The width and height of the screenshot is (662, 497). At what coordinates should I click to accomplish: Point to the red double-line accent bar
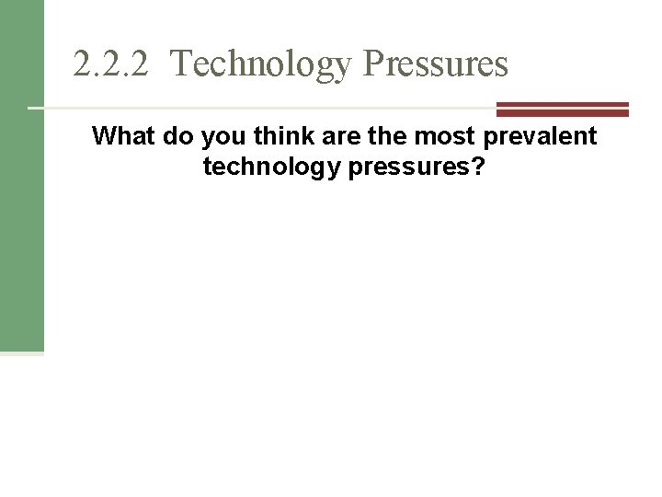click(562, 110)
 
